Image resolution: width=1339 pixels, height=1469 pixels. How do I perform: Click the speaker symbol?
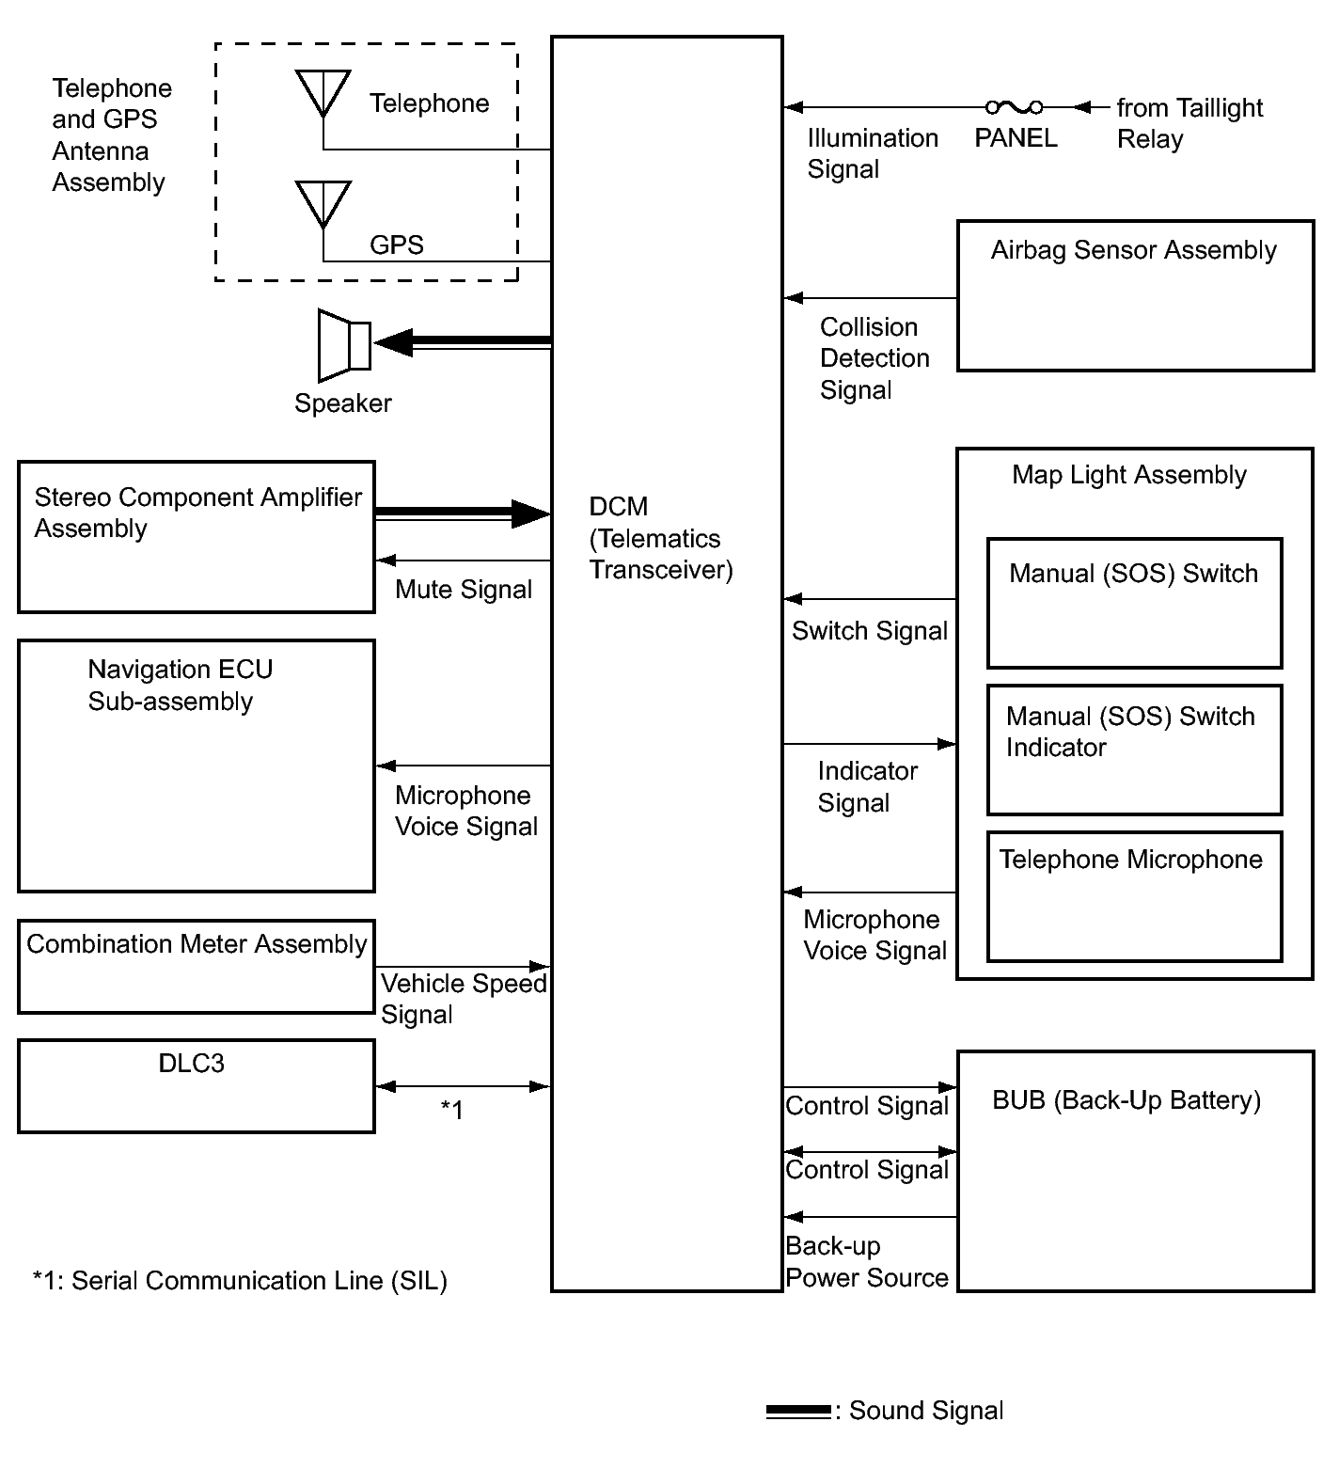344,345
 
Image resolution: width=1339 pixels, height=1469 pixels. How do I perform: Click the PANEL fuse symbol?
1014,107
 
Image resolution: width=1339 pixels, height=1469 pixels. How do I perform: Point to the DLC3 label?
192,1064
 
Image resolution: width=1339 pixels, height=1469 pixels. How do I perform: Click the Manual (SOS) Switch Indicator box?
1134,750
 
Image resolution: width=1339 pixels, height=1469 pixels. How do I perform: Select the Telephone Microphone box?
1134,896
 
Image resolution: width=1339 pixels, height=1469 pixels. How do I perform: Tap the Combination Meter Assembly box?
196,966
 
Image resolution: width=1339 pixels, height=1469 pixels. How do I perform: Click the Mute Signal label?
464,590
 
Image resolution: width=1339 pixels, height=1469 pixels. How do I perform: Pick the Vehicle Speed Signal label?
463,999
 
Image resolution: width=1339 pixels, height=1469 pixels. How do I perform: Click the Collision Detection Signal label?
874,358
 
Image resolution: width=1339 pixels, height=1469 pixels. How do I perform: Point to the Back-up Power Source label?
866,1262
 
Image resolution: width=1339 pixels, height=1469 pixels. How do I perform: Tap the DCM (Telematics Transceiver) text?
660,538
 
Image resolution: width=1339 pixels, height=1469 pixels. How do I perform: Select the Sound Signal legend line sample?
798,1412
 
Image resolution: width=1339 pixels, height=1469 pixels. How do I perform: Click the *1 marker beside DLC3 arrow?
452,1111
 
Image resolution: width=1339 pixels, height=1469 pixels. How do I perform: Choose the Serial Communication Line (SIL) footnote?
240,1281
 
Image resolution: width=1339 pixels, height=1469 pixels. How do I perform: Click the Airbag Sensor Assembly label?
1133,250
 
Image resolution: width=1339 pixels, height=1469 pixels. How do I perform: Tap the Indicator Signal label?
866,786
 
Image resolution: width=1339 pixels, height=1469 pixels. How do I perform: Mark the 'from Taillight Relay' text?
1189,123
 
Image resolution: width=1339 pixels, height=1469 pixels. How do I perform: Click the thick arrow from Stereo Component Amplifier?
461,513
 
